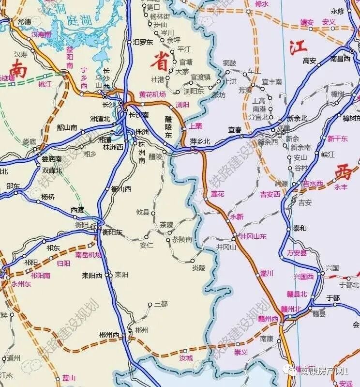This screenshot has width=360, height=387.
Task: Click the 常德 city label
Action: point(24,22)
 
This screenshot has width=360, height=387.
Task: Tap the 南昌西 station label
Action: point(340,59)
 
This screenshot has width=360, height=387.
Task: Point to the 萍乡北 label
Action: point(200,141)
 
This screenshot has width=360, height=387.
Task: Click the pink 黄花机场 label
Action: point(152,94)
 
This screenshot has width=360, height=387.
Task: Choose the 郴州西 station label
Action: point(109,335)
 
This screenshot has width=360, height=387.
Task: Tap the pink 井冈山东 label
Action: point(253,236)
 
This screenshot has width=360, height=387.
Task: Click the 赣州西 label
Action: point(269,319)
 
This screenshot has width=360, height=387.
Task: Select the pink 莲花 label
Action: point(218,194)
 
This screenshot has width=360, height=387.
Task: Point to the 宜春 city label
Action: point(235,130)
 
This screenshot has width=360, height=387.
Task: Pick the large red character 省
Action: point(159,62)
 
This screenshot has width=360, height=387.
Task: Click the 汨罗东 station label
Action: point(143,42)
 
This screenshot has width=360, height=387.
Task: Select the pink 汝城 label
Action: point(186,358)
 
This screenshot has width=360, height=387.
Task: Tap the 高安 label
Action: point(309,61)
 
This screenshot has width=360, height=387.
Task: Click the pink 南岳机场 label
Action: point(88,255)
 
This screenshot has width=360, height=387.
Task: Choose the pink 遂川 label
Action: point(267,273)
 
